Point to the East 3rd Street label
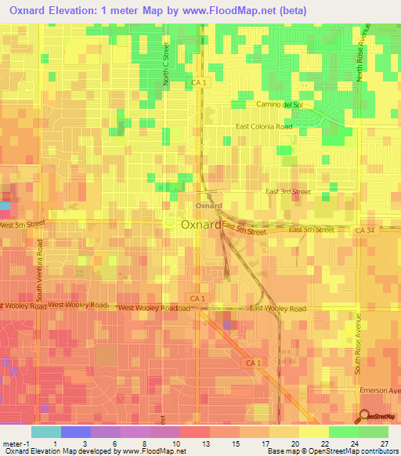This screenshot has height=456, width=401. (287, 191)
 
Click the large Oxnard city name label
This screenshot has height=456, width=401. (200, 224)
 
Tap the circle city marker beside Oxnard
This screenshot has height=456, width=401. (170, 223)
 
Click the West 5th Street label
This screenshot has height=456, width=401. (23, 225)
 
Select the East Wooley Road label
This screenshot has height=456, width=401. (278, 309)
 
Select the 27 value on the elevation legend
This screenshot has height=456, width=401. (385, 443)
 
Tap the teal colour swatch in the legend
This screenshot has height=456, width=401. (46, 432)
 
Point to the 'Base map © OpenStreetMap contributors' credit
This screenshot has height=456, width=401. (332, 451)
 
